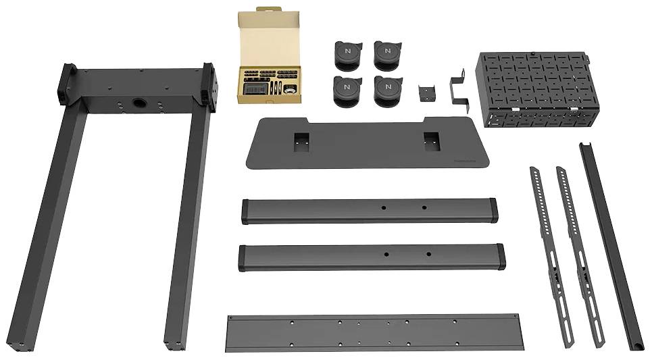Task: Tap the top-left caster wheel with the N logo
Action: click(x=347, y=55)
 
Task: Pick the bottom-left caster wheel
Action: click(x=347, y=91)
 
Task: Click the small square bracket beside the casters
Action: click(x=426, y=94)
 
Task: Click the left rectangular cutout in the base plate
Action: click(x=301, y=140)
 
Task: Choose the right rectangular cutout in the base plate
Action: click(x=431, y=140)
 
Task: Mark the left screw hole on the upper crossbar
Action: click(x=382, y=207)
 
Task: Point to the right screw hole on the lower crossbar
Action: click(x=428, y=255)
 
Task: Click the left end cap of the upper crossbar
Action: click(x=247, y=211)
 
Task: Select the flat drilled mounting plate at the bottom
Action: click(x=375, y=332)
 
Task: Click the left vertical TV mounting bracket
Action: click(x=550, y=257)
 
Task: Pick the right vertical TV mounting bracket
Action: click(x=579, y=257)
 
